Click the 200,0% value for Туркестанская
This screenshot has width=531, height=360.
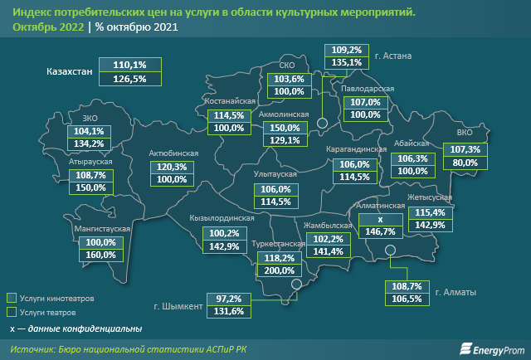(x=277, y=270)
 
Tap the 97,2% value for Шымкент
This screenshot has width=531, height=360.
(x=230, y=298)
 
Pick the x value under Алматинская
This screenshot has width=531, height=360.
(x=380, y=219)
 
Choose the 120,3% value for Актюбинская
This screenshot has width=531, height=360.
(x=171, y=166)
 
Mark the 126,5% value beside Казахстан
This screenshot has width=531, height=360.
(x=123, y=79)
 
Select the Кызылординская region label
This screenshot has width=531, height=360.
(x=221, y=218)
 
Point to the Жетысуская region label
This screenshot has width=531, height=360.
(x=429, y=199)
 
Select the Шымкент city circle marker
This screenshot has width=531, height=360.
(x=296, y=285)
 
